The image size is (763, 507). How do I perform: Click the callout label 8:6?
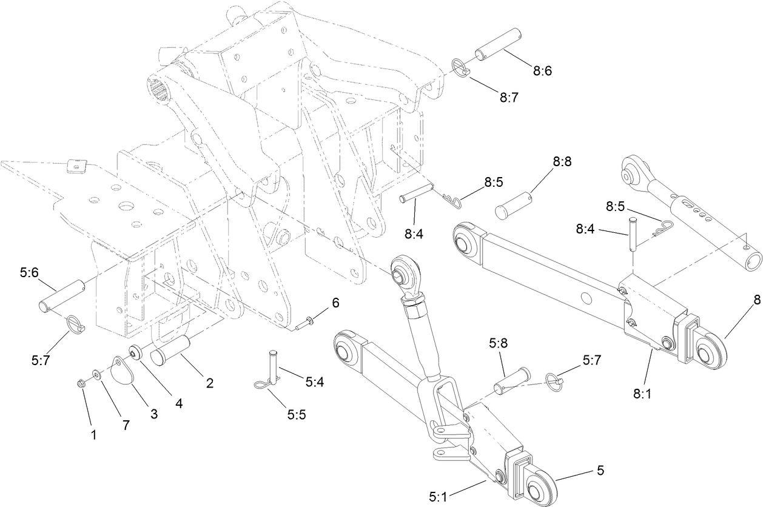tap(542, 70)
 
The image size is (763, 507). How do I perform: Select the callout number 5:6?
tap(30, 274)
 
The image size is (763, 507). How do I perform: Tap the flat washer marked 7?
tap(96, 374)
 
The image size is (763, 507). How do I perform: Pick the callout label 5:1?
tap(439, 497)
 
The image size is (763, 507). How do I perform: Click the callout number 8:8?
tap(562, 162)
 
